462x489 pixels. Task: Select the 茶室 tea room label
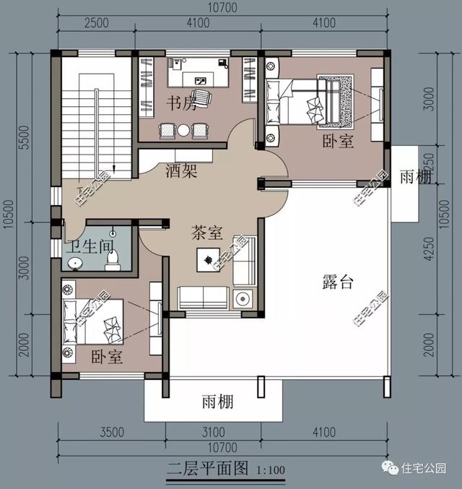coord(206,233)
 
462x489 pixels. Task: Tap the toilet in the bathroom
coord(112,259)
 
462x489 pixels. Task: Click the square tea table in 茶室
coord(208,259)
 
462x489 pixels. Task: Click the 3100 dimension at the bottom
coord(214,433)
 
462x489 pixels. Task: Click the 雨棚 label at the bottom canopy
coord(217,402)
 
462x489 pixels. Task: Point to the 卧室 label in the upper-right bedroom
coord(338,142)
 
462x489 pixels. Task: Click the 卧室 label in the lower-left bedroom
coord(107,357)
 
